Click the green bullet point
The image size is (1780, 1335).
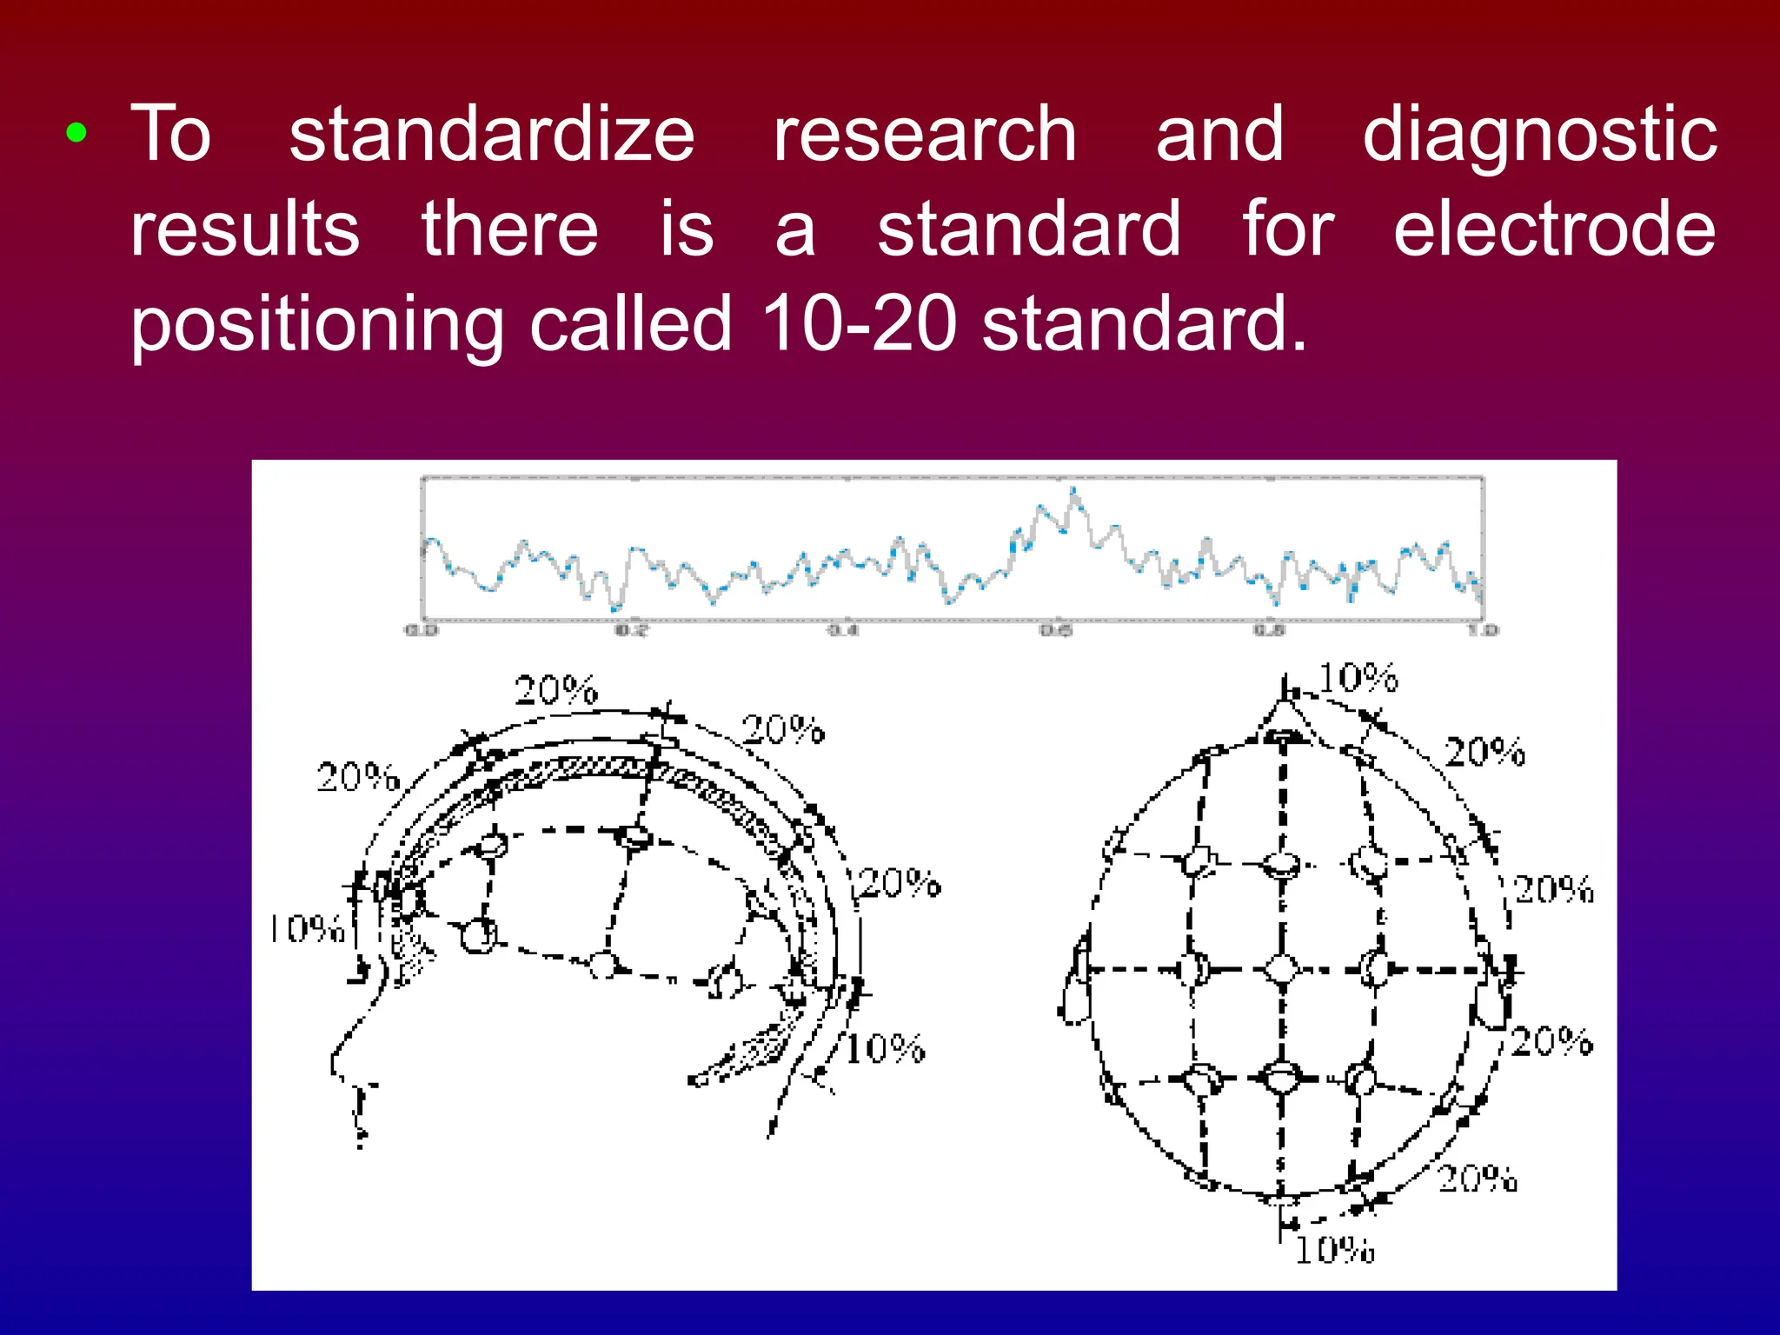pos(76,133)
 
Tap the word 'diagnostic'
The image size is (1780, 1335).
pos(1539,135)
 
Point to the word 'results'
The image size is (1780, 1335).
pos(245,228)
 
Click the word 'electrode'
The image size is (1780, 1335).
pos(1555,228)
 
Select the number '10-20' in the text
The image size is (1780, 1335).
pos(859,323)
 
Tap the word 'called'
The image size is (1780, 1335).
pos(631,323)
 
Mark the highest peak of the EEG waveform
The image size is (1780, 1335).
pos(1074,492)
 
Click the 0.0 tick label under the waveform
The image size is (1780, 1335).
pos(422,629)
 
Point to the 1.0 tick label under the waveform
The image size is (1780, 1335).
pos(1484,629)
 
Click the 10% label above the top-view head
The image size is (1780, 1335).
pos(1358,678)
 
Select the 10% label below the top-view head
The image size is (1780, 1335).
pos(1335,1250)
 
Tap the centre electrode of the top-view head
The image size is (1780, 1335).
pos(1281,968)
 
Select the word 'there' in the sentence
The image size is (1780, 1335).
pos(510,228)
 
